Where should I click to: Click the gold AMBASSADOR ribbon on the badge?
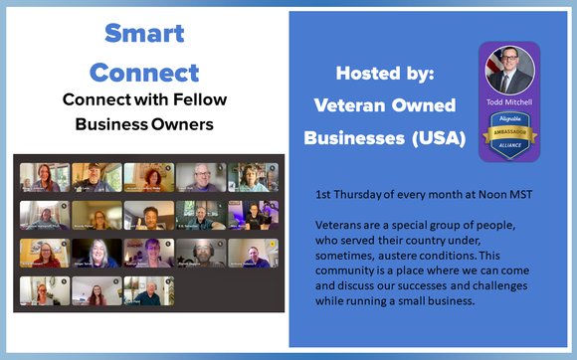click(x=509, y=131)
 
